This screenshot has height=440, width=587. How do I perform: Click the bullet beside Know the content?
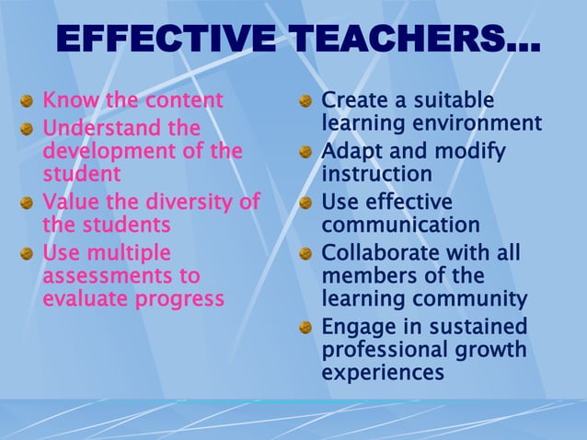tap(28, 100)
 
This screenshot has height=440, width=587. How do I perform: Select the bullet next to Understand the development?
tap(28, 127)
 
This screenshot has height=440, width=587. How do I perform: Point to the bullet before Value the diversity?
tap(28, 202)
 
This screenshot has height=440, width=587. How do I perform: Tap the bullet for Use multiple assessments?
tap(28, 252)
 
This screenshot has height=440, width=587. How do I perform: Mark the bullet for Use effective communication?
tap(305, 203)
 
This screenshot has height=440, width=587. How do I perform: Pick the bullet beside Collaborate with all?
tap(305, 252)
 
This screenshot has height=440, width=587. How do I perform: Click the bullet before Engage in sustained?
tap(305, 327)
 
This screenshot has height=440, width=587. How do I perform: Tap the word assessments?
tap(108, 275)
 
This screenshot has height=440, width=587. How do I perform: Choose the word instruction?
tap(376, 174)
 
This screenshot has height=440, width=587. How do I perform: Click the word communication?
tap(400, 225)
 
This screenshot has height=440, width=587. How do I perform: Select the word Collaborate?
tap(376, 251)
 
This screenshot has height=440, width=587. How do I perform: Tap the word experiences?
tap(383, 373)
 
